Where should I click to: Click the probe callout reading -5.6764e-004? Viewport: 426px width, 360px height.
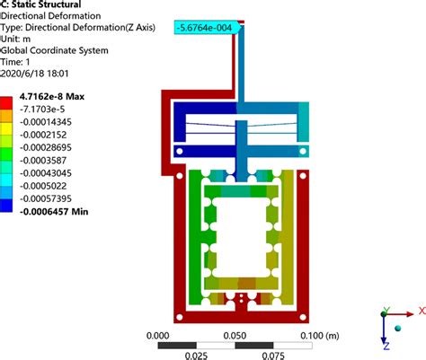coord(207,28)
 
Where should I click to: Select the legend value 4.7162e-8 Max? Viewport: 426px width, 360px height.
coord(52,96)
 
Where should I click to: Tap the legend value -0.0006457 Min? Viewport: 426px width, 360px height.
coord(54,212)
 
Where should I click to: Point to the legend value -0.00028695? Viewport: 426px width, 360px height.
coord(46,147)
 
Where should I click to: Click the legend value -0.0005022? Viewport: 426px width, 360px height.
coord(43,186)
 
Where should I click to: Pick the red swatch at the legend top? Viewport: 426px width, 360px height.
coord(6,103)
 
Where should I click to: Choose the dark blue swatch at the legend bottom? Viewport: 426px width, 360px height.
coord(6,206)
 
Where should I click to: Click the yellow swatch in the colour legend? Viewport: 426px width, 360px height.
coord(6,128)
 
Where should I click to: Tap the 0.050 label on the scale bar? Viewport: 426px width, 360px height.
coord(235,336)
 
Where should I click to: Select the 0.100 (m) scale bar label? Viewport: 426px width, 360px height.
coord(320,336)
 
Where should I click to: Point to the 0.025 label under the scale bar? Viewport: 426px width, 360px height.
coord(196,356)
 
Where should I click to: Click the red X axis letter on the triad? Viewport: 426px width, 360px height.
coord(422,311)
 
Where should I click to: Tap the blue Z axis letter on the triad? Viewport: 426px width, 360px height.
coord(386,347)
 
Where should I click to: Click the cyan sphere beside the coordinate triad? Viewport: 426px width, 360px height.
coord(398,329)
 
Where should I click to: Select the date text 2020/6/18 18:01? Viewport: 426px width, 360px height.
coord(34,74)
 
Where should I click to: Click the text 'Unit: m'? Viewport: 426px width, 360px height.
coord(15,39)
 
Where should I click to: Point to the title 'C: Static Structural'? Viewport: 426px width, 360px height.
coord(40,4)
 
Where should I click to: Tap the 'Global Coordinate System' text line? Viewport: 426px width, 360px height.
coord(54,50)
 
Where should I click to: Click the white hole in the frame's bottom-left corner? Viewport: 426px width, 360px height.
coord(180,317)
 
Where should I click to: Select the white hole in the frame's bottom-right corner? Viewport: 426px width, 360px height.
coord(303,317)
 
